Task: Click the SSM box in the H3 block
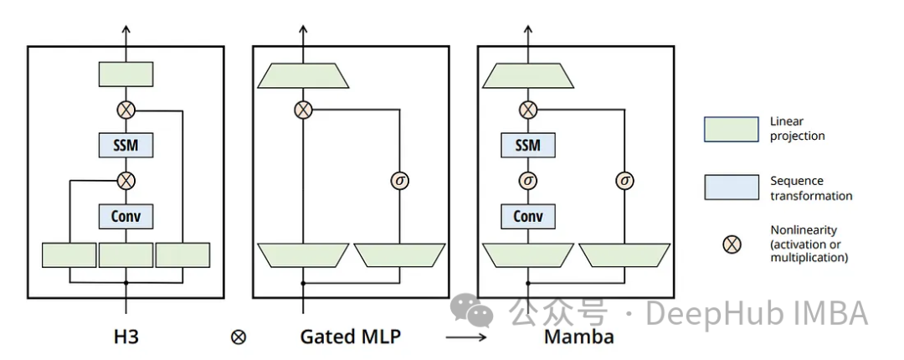pyautogui.click(x=126, y=145)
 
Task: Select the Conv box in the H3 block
pyautogui.click(x=126, y=217)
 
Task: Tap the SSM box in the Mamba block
pyautogui.click(x=527, y=145)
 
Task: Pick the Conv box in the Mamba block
pyautogui.click(x=527, y=217)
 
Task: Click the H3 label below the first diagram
pyautogui.click(x=126, y=337)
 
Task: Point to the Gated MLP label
pyautogui.click(x=350, y=337)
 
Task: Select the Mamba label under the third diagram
pyautogui.click(x=578, y=337)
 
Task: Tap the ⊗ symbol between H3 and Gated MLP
pyautogui.click(x=239, y=337)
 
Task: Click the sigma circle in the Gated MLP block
pyautogui.click(x=399, y=180)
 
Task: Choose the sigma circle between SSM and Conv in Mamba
pyautogui.click(x=527, y=180)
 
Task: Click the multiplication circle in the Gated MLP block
pyautogui.click(x=303, y=110)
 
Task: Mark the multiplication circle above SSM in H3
pyautogui.click(x=126, y=110)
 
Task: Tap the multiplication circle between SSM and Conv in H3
pyautogui.click(x=126, y=180)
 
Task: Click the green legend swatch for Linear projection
pyautogui.click(x=731, y=129)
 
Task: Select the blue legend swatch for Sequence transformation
pyautogui.click(x=731, y=188)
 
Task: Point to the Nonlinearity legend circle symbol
pyautogui.click(x=732, y=244)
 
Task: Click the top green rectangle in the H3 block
pyautogui.click(x=126, y=74)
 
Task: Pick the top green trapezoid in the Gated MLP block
pyautogui.click(x=303, y=76)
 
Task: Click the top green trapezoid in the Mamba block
pyautogui.click(x=527, y=76)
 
